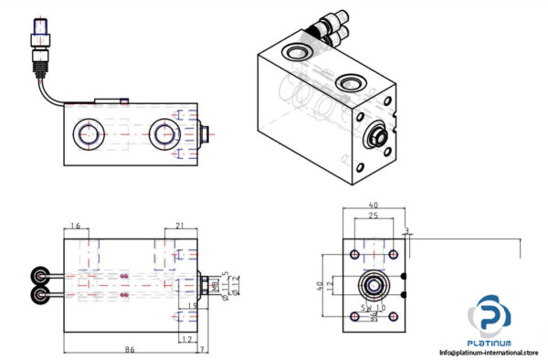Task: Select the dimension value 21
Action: [180, 226]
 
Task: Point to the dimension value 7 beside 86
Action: [202, 348]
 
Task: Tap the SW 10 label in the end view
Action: [371, 308]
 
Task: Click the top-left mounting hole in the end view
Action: [353, 253]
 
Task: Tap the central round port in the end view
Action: [372, 285]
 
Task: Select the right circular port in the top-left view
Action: [165, 133]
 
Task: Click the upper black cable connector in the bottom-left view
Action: [42, 275]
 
